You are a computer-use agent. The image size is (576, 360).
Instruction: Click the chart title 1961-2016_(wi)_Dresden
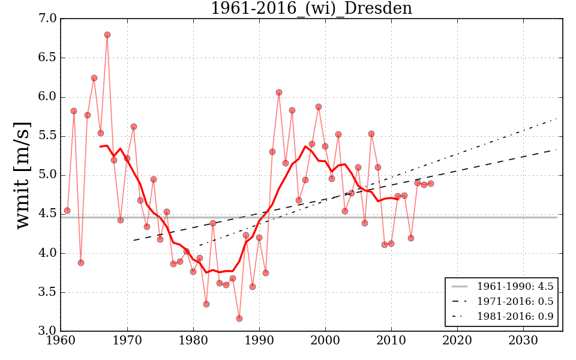coord(311,8)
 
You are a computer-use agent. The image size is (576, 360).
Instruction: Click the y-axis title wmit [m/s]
coord(22,175)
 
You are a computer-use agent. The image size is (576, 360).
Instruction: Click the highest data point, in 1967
coord(107,35)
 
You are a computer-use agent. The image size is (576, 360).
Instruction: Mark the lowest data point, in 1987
coord(239,319)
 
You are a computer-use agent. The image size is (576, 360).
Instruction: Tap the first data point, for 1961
coord(67,211)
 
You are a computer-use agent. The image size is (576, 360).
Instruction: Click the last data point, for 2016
coord(431,184)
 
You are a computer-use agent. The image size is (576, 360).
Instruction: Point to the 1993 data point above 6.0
coord(279,92)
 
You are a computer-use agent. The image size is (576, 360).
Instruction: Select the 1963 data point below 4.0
coord(81,263)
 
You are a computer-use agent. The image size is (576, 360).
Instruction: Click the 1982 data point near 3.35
coord(206,304)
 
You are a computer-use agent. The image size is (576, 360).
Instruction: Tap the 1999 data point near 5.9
coord(319,107)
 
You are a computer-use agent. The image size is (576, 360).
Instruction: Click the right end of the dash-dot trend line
coord(556,119)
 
